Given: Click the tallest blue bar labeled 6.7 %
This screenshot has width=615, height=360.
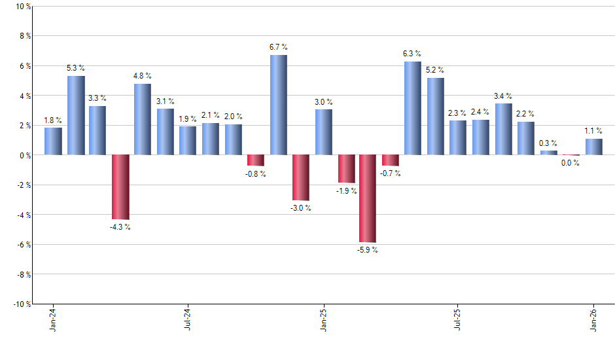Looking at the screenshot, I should tap(278, 105).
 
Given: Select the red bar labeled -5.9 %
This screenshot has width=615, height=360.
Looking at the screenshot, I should tap(368, 198).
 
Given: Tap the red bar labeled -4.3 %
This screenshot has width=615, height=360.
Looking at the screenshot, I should tap(120, 187).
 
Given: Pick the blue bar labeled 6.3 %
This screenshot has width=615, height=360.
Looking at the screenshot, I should tap(413, 108).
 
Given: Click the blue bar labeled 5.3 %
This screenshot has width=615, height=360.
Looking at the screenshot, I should tap(76, 115).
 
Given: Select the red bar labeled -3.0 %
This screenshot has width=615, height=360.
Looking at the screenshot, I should tap(300, 177).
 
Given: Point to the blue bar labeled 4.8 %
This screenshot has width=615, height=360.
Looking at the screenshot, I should tap(143, 119).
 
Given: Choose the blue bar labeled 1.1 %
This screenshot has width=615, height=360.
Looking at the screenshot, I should tap(593, 147).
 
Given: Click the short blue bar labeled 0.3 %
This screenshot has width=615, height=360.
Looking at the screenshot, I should tap(548, 153).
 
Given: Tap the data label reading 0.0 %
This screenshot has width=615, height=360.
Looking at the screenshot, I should tap(571, 163).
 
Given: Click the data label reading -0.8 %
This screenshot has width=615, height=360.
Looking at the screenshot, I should tap(256, 174).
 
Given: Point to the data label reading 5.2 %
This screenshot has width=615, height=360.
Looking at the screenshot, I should tap(435, 70).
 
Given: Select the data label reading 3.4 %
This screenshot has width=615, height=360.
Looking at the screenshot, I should tap(503, 96).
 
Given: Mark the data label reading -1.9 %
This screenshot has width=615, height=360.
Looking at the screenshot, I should tap(346, 191).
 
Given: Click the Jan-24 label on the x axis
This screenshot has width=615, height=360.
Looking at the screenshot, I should tap(53, 321).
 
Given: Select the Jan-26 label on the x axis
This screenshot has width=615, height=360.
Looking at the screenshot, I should tap(593, 321).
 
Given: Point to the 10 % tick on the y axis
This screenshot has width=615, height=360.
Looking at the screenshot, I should tap(22, 7).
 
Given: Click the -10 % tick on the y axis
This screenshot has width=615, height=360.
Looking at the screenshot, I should tap(21, 304).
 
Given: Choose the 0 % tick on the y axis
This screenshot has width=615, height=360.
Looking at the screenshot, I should tap(25, 155).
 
